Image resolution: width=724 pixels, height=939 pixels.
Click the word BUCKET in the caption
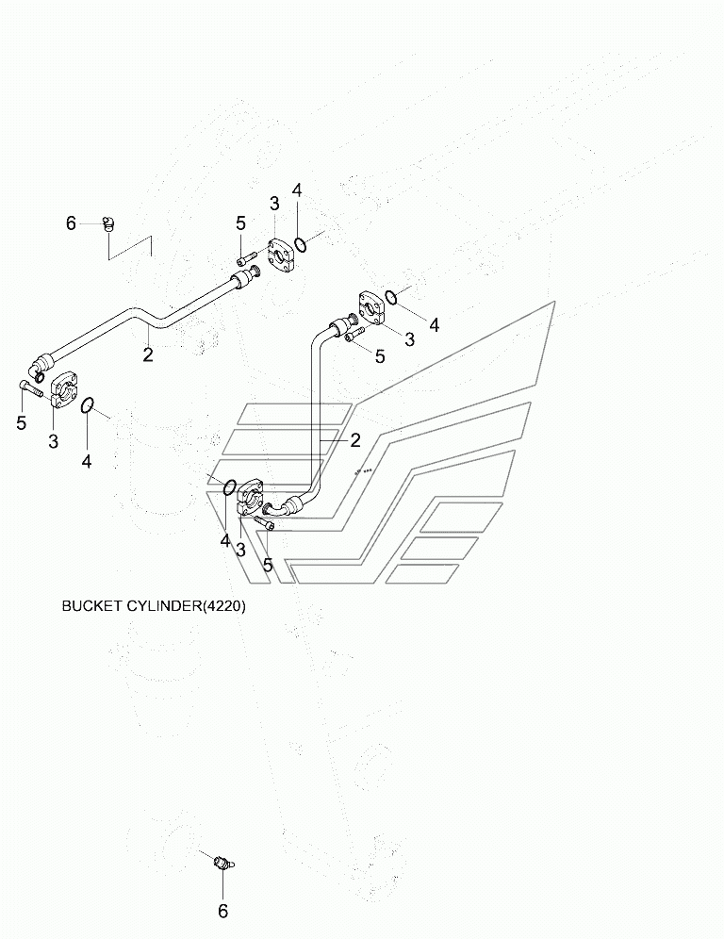92,606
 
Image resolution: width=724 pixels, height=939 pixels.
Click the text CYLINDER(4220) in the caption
186,606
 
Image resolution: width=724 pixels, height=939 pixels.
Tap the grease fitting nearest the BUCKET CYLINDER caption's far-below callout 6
223,864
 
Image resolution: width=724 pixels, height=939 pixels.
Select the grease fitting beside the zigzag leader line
107,224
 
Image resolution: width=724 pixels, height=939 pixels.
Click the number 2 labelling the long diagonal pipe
148,354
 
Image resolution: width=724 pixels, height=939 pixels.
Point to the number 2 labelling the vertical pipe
355,441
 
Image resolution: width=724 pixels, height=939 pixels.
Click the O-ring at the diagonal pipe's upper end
302,244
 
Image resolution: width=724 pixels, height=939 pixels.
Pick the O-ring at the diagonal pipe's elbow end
88,404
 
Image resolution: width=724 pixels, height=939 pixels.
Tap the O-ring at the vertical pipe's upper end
391,297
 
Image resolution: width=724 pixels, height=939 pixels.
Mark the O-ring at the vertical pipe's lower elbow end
228,488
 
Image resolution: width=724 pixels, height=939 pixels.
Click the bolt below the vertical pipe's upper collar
354,334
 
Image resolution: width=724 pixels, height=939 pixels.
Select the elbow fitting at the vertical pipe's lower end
279,508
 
